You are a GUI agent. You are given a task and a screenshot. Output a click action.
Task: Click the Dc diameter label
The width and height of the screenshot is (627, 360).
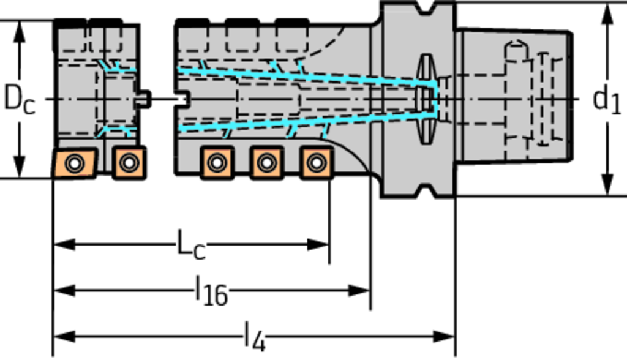(x=19, y=99)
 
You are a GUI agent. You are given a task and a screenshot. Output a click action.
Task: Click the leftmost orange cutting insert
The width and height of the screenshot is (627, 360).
(x=73, y=163)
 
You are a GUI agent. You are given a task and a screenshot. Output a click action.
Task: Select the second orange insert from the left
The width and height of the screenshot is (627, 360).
(x=129, y=163)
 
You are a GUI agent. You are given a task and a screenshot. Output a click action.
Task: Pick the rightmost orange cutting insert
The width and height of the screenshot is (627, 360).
(x=315, y=163)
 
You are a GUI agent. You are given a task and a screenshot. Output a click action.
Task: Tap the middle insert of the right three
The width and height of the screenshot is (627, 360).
(x=266, y=163)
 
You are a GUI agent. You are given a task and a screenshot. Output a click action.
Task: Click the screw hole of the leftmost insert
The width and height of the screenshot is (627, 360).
(x=74, y=163)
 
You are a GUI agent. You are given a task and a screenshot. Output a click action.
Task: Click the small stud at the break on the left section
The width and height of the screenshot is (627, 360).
(x=143, y=99)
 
